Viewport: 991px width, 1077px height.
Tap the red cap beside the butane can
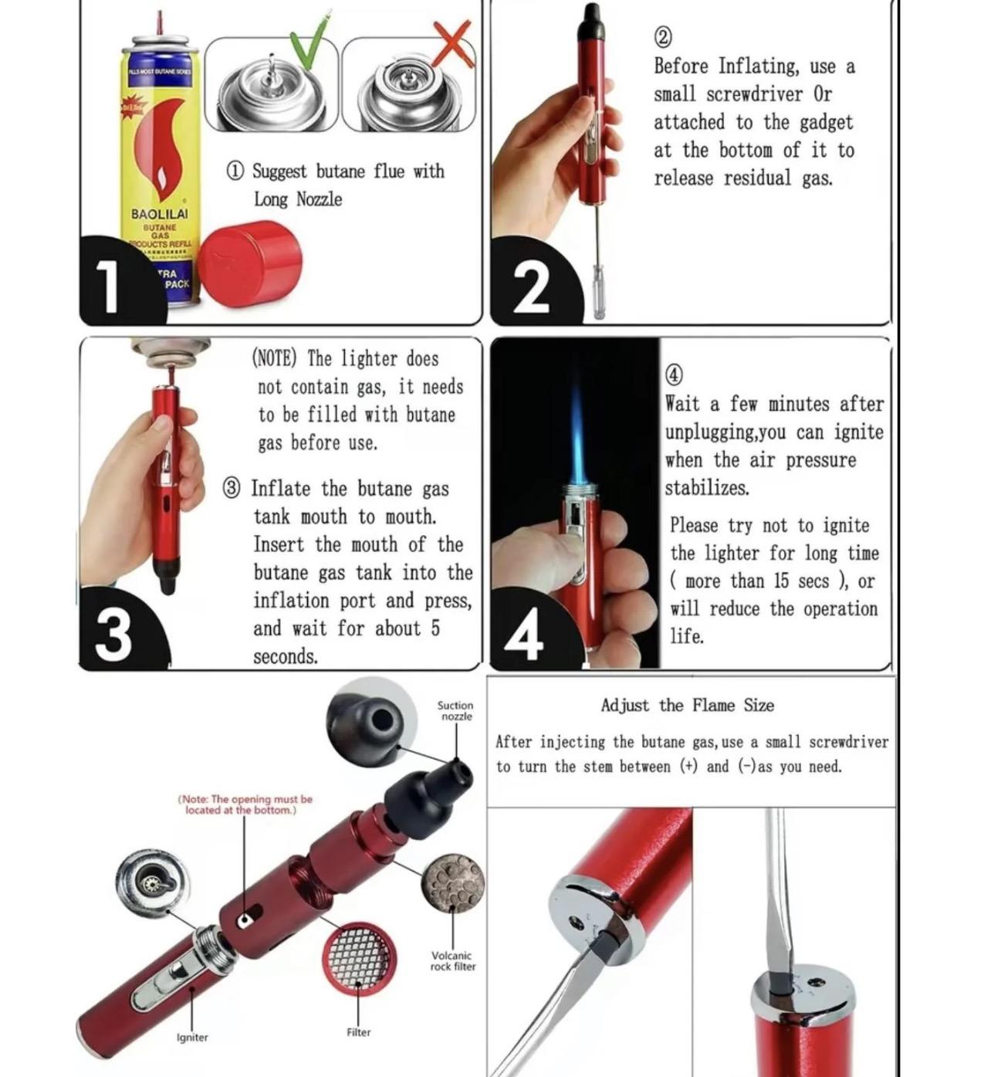250,263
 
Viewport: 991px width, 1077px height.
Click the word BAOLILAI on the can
159,214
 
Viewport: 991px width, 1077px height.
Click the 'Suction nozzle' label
455,710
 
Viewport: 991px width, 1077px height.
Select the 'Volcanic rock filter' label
452,960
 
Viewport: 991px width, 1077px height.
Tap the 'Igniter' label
192,1038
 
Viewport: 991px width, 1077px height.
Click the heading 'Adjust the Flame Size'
687,705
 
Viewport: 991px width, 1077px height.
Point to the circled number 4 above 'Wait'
674,375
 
